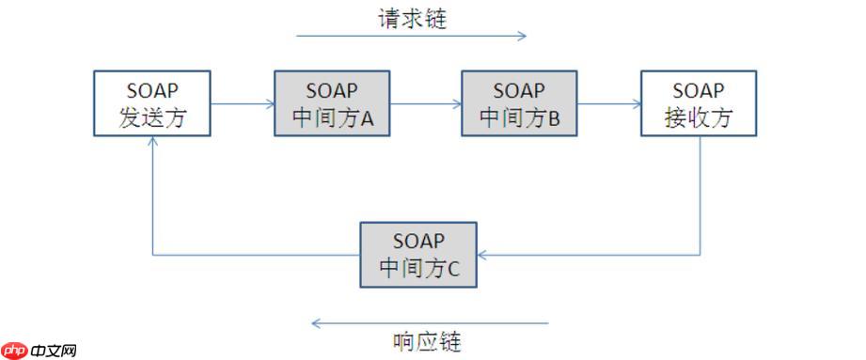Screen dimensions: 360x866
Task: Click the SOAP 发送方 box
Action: (151, 103)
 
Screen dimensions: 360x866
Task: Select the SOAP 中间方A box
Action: (332, 103)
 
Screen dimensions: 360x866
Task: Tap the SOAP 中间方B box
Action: (519, 103)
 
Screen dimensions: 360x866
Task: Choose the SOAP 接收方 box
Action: (699, 103)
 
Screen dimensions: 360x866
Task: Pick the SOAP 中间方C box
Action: (418, 255)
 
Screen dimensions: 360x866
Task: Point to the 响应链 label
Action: (427, 340)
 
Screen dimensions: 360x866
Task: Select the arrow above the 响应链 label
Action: (429, 323)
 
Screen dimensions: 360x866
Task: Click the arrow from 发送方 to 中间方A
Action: (242, 103)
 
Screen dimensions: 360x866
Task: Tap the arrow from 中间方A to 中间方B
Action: (425, 103)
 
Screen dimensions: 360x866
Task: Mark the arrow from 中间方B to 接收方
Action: (608, 103)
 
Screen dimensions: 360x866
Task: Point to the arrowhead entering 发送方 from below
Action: (152, 142)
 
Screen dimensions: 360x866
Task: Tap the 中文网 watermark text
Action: (53, 351)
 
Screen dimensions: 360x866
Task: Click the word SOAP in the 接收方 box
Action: (699, 91)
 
